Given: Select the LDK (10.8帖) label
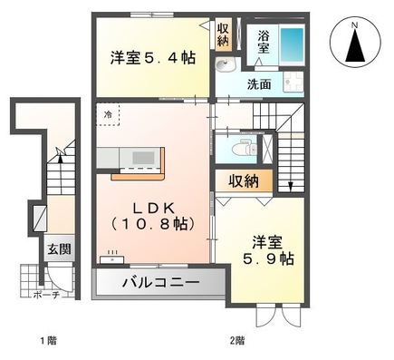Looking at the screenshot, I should (150, 212).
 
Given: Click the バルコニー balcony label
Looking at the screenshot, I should (160, 283).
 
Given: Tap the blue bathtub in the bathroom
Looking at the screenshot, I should (291, 44).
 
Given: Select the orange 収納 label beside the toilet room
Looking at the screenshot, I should (244, 180).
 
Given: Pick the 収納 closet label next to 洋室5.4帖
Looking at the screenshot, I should (223, 34).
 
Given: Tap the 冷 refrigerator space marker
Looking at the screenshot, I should (107, 115).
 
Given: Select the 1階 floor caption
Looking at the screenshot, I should (49, 341).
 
